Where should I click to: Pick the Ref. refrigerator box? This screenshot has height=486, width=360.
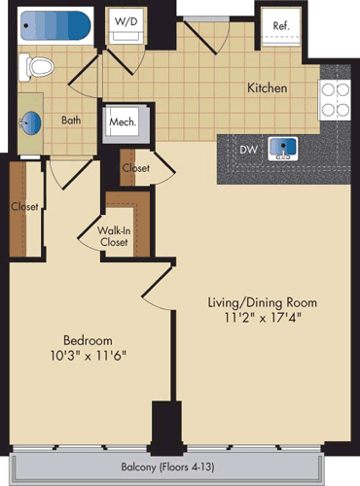(280, 26)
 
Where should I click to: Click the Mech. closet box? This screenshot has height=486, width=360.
(123, 123)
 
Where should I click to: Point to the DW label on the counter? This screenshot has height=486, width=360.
(249, 150)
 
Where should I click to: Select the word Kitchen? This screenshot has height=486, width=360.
(267, 87)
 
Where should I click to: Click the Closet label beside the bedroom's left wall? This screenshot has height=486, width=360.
(24, 206)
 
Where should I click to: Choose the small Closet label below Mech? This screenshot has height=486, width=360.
(135, 168)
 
